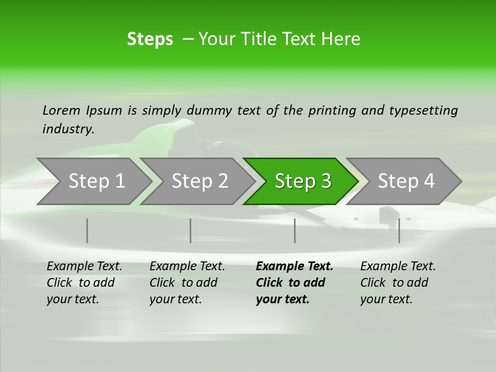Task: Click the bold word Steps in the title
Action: (150, 39)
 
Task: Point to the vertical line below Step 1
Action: (87, 230)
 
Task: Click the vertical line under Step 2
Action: (191, 230)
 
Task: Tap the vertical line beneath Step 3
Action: (295, 230)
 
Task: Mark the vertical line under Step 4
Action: (399, 230)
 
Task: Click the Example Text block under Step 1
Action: (84, 283)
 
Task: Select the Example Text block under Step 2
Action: (187, 283)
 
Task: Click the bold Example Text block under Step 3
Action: (295, 283)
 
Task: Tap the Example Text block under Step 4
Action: (398, 283)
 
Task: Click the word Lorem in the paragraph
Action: (61, 111)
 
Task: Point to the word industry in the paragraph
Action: (68, 129)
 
